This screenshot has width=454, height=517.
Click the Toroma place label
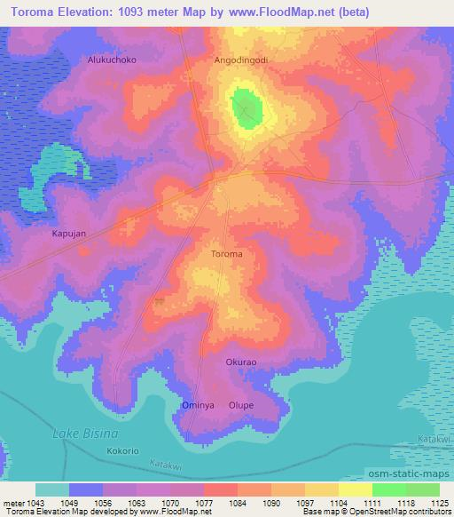point(227,254)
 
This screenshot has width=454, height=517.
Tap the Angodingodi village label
point(240,60)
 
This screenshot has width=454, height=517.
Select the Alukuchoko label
point(111,60)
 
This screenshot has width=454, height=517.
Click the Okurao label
point(240,362)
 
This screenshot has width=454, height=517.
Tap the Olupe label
point(241,405)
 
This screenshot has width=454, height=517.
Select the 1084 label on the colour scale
point(237,502)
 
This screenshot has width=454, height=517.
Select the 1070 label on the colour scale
point(169,502)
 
